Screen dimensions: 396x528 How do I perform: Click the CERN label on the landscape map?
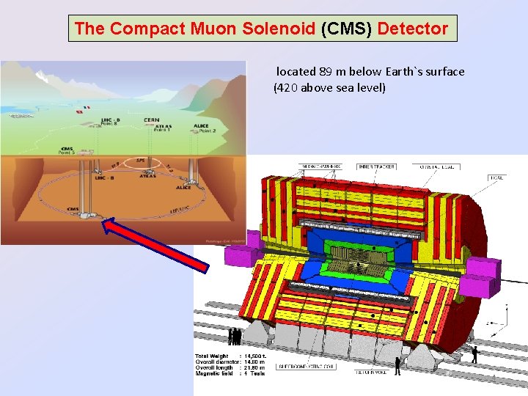(152, 120)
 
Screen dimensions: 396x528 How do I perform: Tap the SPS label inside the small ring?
(140, 160)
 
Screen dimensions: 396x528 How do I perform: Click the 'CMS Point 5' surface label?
(68, 150)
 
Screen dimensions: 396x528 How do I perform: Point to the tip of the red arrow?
(104, 219)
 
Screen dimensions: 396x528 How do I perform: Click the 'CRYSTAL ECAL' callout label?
(439, 166)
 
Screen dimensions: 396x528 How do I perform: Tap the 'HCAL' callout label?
(498, 177)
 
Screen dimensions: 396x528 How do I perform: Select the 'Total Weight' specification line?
(229, 356)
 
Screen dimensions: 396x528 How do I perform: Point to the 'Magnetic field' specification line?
(229, 373)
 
